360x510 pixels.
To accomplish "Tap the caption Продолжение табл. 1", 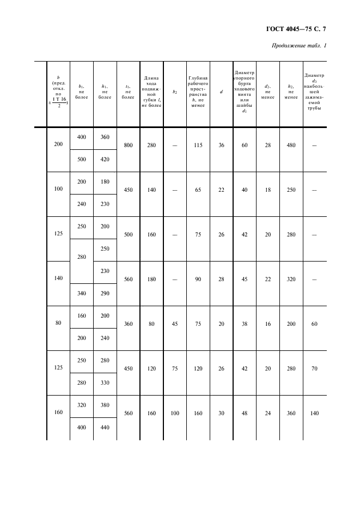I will tap(298, 45).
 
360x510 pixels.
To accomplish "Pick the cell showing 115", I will tap(198, 145).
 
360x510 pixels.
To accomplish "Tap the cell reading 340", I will tap(82, 294).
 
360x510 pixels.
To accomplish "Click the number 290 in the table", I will tap(105, 294).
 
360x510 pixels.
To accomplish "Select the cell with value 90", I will tap(198, 279).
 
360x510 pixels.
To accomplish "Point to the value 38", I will tap(245, 323).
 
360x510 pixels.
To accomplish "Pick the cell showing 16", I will tap(267, 323).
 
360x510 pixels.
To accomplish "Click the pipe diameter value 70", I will tap(314, 368).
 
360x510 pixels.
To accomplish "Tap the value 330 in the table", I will tap(105, 383).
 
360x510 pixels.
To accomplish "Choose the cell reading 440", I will tap(105, 428).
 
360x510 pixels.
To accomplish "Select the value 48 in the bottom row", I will tap(245, 413).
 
